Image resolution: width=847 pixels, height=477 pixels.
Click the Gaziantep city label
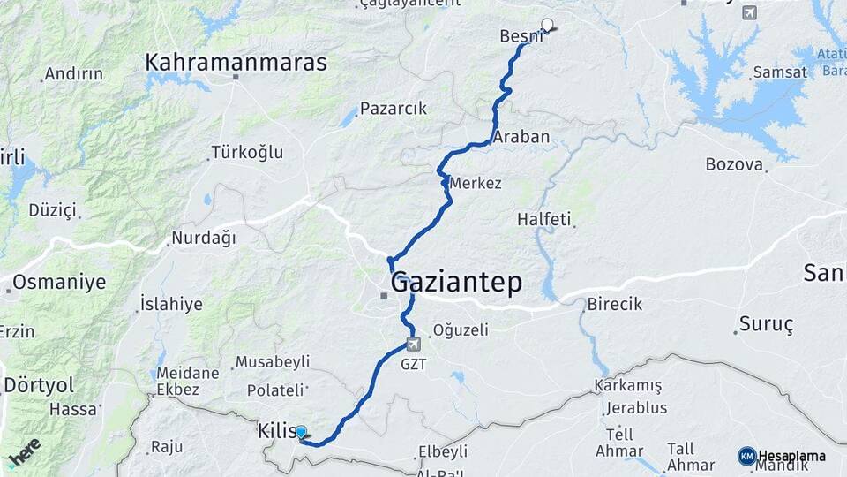click(x=456, y=283)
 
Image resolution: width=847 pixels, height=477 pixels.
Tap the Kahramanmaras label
click(x=236, y=63)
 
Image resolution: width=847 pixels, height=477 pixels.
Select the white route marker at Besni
click(x=547, y=26)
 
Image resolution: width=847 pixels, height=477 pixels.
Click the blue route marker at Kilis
click(x=301, y=432)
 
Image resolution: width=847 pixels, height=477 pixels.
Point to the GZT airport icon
click(x=413, y=344)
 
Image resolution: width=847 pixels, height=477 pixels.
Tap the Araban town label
click(x=521, y=137)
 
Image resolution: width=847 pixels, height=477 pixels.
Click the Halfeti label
click(x=544, y=218)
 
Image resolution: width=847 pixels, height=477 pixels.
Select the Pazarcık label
click(x=394, y=109)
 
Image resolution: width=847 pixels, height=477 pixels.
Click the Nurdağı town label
click(x=204, y=238)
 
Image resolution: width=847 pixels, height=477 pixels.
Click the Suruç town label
click(x=765, y=324)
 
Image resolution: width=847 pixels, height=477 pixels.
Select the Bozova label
click(x=733, y=164)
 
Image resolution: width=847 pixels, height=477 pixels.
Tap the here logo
click(x=25, y=450)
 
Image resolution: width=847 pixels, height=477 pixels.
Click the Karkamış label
click(x=627, y=386)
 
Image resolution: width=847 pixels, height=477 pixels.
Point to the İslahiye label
click(x=171, y=305)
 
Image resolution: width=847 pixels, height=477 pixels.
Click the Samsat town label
click(x=779, y=72)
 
